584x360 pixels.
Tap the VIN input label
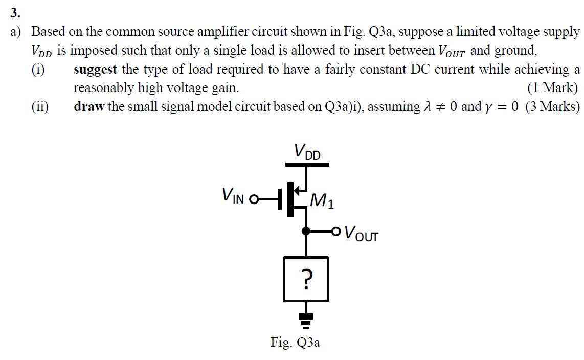pos(233,195)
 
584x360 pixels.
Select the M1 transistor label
pos(322,201)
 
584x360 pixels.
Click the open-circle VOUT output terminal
pos(335,231)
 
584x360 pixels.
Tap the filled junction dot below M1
pos(306,231)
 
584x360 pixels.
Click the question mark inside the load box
pos(306,279)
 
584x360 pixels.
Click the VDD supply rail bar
pos(306,165)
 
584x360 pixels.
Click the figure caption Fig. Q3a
pos(295,342)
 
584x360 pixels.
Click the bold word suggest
pos(95,69)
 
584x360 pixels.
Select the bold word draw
pos(88,106)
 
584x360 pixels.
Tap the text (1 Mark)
pos(553,88)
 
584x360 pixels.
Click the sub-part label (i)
pos(38,69)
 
